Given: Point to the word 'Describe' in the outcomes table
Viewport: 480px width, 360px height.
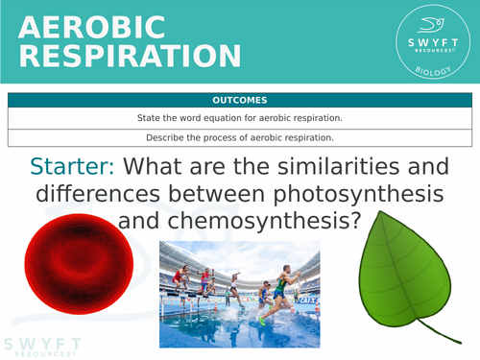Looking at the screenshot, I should (x=182, y=136).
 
